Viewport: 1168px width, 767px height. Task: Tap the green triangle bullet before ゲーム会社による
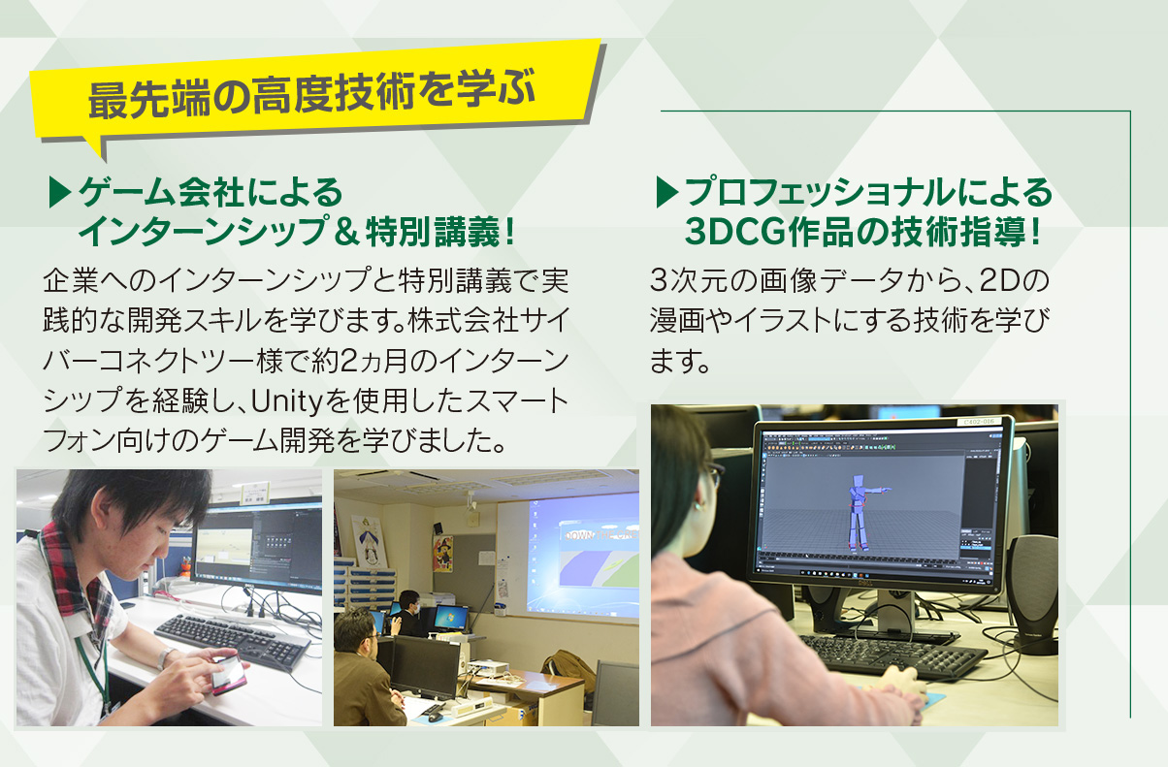(x=59, y=192)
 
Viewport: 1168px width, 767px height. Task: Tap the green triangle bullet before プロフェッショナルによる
(x=666, y=192)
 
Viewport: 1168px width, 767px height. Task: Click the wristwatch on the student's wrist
(x=166, y=657)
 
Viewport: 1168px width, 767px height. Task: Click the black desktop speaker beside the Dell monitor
(x=1032, y=594)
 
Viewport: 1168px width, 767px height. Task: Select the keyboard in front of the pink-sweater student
(x=892, y=656)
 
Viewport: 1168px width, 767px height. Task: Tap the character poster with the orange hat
(x=443, y=554)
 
